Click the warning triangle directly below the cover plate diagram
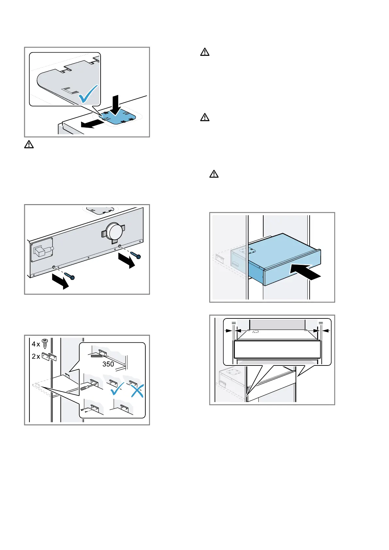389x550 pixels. (29, 144)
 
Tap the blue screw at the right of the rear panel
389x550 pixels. (136, 255)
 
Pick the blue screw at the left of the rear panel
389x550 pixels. (70, 276)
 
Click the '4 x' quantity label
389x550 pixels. (36, 344)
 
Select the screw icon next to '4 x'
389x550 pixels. (45, 344)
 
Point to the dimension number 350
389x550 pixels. (108, 364)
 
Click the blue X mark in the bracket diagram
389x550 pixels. (137, 390)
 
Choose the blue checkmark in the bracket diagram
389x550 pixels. (117, 389)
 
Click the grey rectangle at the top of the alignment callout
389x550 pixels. (277, 325)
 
